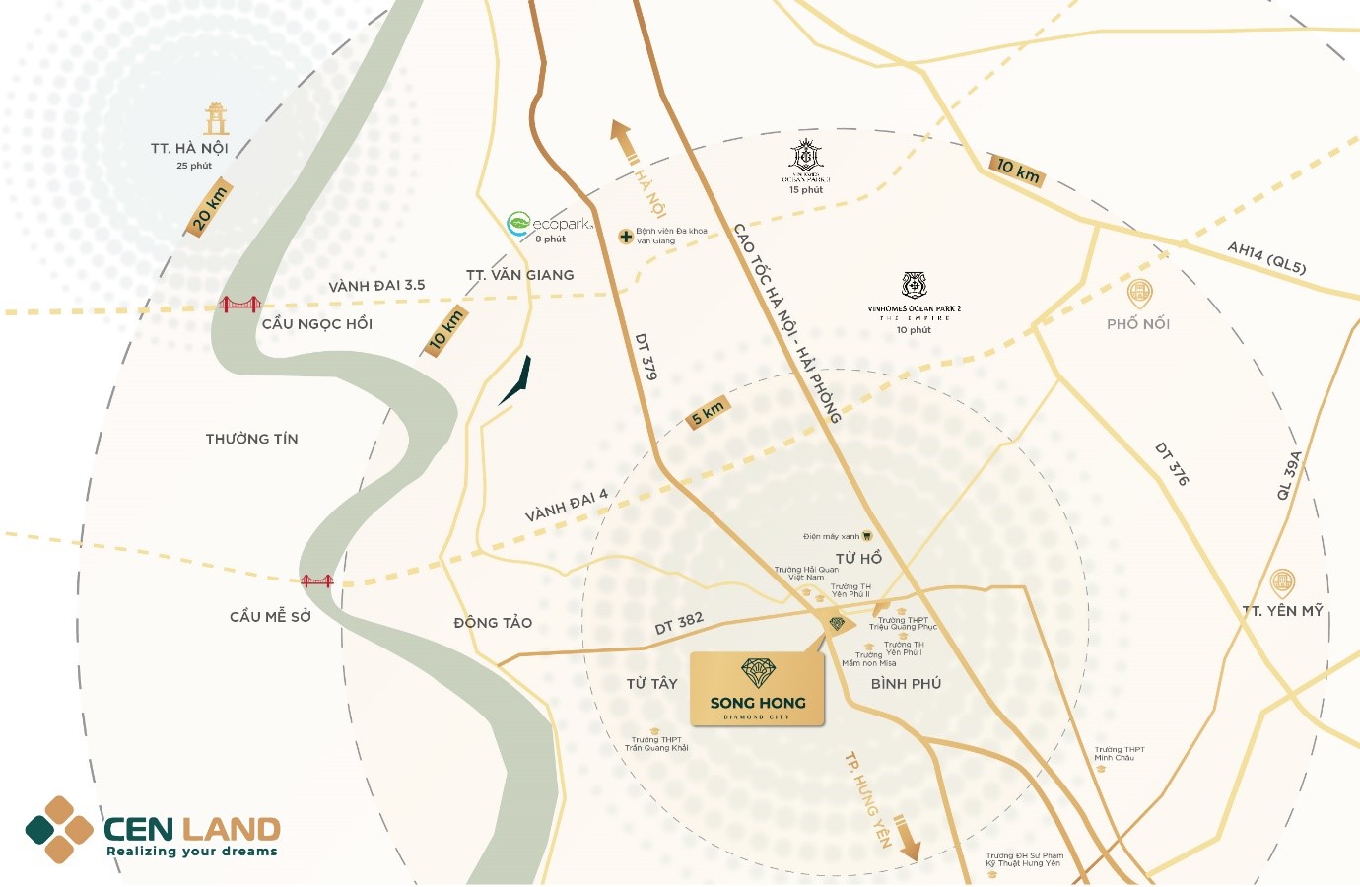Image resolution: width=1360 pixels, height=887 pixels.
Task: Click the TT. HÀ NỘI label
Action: coord(189,148)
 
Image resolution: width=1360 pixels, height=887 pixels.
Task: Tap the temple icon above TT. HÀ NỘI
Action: coord(216,118)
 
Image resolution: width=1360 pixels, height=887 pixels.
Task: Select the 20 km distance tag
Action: coord(210,209)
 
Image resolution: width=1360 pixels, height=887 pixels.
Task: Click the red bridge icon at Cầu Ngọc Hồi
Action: coord(239,305)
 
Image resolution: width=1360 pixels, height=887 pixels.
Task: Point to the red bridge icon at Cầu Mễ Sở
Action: coord(317,581)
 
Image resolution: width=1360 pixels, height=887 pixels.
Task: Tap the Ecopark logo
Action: coord(549,224)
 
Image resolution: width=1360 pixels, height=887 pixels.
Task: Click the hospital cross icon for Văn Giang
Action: coord(626,237)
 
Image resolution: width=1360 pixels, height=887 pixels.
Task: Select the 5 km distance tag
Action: coord(708,412)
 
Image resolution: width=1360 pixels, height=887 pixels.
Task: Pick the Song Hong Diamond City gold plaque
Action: coord(757,689)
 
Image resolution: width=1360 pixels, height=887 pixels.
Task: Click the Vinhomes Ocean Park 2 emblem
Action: coord(915,286)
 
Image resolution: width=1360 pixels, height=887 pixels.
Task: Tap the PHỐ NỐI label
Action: coord(1138,324)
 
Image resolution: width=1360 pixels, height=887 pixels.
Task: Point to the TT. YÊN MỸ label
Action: coord(1283,611)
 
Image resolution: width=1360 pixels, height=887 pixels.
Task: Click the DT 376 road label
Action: coord(1173,463)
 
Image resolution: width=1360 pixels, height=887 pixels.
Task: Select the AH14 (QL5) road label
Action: coord(1266,257)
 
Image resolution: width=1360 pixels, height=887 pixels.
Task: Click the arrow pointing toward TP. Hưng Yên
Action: coord(908,837)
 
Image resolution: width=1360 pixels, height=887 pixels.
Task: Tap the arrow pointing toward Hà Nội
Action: coord(622,140)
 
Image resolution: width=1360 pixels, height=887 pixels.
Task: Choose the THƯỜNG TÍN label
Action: coord(251,439)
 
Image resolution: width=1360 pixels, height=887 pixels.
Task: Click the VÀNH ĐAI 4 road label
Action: coord(567,507)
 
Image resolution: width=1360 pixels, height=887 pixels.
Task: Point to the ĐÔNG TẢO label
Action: coord(493,623)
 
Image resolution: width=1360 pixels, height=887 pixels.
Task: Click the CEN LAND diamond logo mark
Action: coord(59,830)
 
